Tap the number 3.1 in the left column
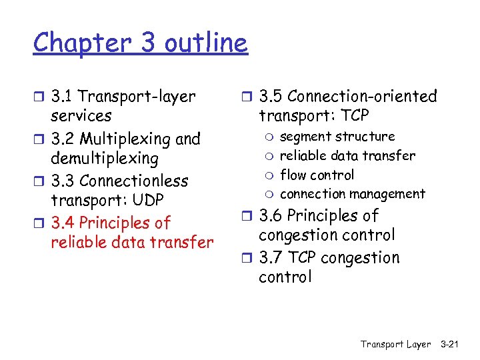point(63,97)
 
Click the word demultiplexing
point(105,159)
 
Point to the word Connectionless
point(133,181)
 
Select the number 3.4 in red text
point(63,223)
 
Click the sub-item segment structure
point(337,137)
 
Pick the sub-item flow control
point(317,175)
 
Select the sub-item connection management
point(352,194)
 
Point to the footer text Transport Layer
point(395,344)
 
